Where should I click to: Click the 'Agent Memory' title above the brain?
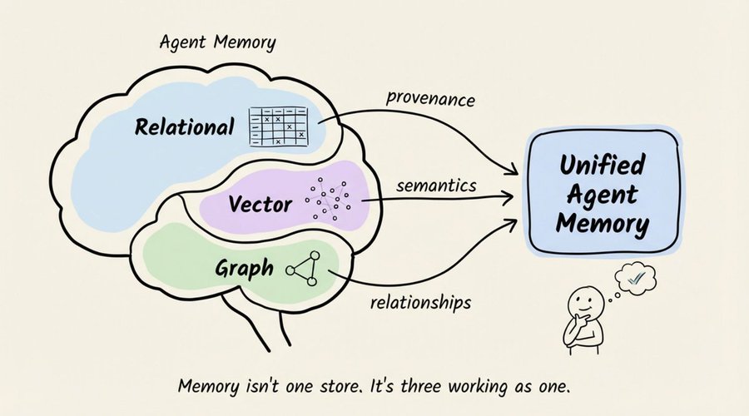pos(218,43)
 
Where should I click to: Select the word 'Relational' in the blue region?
pos(185,127)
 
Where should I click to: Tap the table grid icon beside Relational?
pos(278,126)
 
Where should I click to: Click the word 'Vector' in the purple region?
pos(260,204)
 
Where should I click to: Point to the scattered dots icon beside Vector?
pos(329,199)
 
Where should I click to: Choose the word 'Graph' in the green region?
pos(244,269)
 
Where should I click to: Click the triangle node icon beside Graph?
pos(303,269)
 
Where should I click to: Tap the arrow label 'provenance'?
pos(430,99)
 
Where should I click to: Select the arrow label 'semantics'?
pos(436,186)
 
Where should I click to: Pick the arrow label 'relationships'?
pos(421,303)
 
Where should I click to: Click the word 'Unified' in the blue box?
pos(602,165)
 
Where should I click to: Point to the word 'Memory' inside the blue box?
pos(603,224)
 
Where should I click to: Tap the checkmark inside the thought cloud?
pos(636,277)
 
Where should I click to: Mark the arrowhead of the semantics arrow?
pos(508,196)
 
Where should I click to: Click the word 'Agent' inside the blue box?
pos(603,195)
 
